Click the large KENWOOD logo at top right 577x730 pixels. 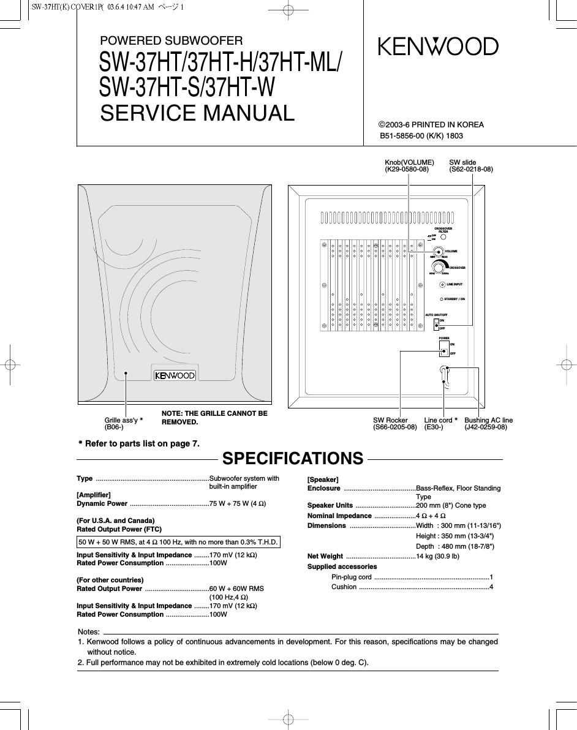coord(438,47)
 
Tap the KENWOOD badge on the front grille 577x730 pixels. coord(175,375)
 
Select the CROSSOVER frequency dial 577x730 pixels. coord(439,268)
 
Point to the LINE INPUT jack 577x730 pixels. coord(442,285)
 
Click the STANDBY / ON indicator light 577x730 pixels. coord(442,299)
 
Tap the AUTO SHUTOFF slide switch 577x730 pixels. coord(436,324)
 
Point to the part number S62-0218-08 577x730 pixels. coord(471,170)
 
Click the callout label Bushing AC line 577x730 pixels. coord(488,420)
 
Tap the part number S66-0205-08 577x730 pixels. coord(394,427)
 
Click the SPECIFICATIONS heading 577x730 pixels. coord(293,459)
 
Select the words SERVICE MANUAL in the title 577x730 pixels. coord(197,113)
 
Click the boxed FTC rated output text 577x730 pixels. coord(178,542)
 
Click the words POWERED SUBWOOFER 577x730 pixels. coord(172,41)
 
